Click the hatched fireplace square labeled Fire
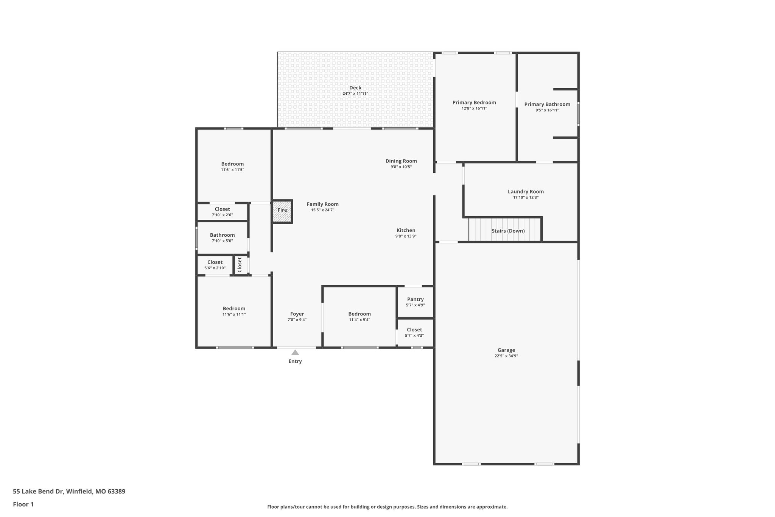pos(282,211)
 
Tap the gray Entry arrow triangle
pos(295,353)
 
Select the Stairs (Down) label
pos(508,231)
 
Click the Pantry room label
pos(415,299)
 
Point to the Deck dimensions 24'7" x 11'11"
pos(355,94)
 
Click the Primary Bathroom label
pos(547,104)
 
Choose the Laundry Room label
pos(526,192)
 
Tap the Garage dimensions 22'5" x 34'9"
pos(506,356)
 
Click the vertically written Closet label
pos(240,265)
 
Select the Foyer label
pos(297,314)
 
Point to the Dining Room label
pos(401,161)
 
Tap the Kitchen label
pos(406,230)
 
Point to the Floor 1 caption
pos(23,504)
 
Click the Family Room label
pos(322,204)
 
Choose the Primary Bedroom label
pos(474,102)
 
